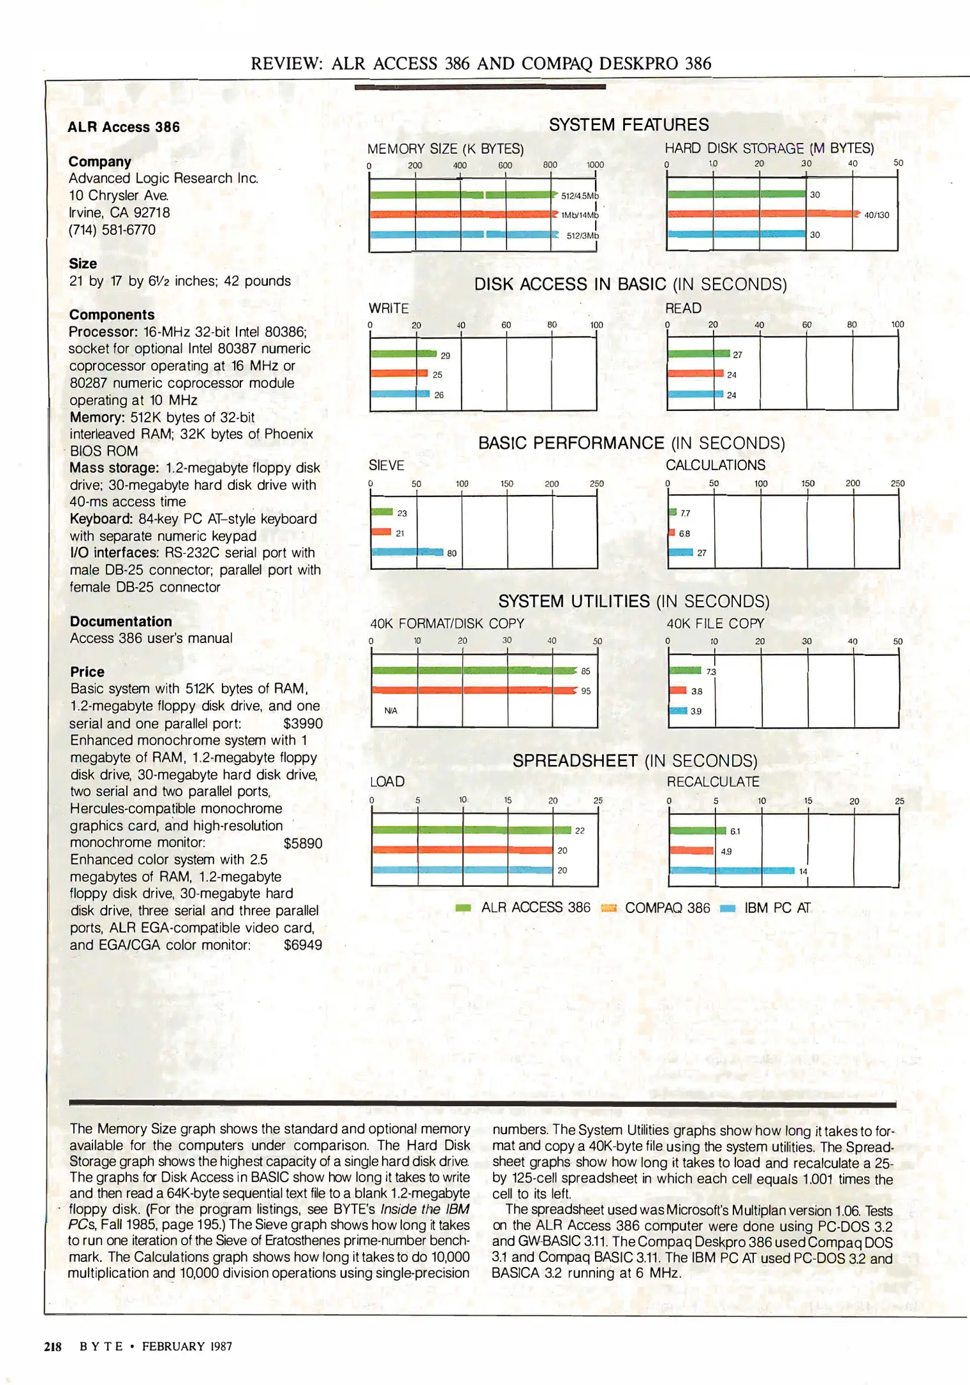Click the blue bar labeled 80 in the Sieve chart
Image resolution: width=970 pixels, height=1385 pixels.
407,552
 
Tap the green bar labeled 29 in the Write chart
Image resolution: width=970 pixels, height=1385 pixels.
403,354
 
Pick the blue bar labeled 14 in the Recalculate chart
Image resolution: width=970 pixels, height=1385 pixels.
732,871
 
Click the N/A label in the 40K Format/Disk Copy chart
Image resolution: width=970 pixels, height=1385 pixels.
390,710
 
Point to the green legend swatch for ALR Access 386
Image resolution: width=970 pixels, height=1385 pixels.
463,908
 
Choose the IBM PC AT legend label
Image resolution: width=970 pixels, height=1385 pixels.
777,908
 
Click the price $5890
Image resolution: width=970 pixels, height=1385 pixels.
303,843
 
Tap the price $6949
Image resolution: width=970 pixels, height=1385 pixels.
303,945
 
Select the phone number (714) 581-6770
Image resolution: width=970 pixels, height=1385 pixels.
112,230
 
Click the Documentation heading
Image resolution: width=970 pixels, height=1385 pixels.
121,621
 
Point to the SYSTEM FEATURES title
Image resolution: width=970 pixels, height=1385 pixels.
628,124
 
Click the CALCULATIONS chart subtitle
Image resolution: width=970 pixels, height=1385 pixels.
715,465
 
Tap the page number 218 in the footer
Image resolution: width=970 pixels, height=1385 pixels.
53,1347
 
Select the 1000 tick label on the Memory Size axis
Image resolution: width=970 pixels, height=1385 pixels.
595,165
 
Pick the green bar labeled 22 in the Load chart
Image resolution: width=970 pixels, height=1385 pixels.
471,830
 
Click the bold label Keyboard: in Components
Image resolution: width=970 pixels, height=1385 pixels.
102,519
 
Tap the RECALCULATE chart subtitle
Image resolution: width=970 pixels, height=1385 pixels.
713,782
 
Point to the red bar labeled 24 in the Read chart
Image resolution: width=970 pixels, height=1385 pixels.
696,374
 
